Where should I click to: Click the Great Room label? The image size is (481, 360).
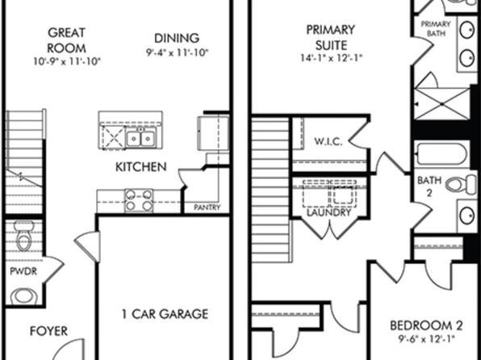(x=66, y=40)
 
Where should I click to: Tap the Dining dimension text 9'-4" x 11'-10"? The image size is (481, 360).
(x=178, y=52)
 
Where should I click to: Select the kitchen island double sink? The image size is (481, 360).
(x=141, y=138)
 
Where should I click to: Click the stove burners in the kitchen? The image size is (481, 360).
(x=139, y=200)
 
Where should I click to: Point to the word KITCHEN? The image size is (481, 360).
(x=141, y=167)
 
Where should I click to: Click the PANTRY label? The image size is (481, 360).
(x=207, y=207)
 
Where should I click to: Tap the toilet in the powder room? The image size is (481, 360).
(x=24, y=236)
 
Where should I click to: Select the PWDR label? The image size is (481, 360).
(x=23, y=271)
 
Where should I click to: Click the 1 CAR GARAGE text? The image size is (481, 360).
(x=165, y=314)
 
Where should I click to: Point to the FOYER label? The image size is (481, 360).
(x=48, y=331)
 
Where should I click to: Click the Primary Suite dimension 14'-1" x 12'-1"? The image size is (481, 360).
(x=332, y=57)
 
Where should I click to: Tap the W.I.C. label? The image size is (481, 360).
(x=328, y=141)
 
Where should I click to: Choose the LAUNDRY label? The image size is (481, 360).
(x=328, y=212)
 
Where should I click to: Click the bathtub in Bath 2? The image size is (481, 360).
(x=441, y=153)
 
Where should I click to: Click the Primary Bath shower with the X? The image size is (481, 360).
(x=442, y=104)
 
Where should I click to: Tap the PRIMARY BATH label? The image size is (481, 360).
(x=436, y=28)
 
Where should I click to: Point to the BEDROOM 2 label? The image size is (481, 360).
(x=426, y=325)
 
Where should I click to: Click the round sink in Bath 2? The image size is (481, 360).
(x=467, y=216)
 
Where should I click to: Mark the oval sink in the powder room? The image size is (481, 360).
(x=24, y=297)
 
